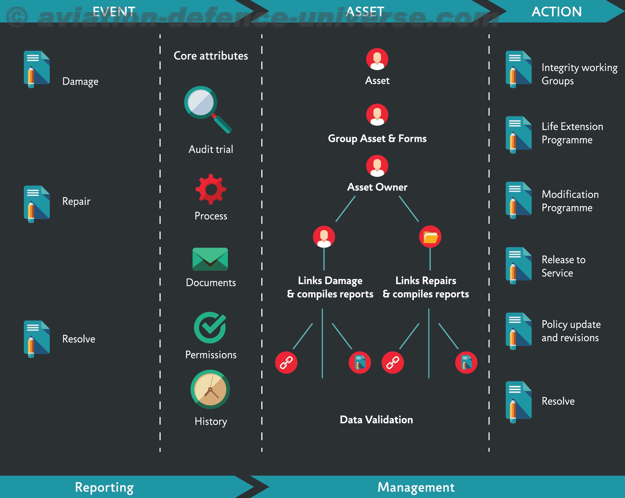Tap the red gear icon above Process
tap(211, 189)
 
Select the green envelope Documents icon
tap(210, 259)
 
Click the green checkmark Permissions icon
tap(210, 328)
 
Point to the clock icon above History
tap(210, 389)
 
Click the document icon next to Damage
tap(37, 69)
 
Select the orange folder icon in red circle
tap(430, 237)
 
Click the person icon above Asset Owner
tap(377, 166)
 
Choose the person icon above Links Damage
tap(324, 237)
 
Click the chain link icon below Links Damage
tap(286, 362)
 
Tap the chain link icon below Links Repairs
tap(393, 362)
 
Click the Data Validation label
tap(376, 420)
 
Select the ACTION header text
tap(557, 12)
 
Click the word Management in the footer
tap(416, 487)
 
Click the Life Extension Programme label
tap(572, 133)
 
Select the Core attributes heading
tap(211, 56)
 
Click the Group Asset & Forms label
tap(377, 139)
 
